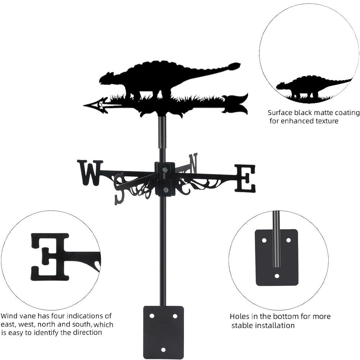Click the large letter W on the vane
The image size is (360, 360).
[x=90, y=172]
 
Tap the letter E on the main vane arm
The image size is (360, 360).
[x=245, y=178]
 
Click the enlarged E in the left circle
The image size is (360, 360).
[x=50, y=256]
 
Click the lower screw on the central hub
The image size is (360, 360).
[x=166, y=190]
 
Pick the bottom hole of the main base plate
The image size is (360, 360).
[x=163, y=350]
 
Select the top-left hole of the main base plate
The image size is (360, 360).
[x=152, y=316]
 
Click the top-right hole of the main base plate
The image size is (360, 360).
[x=175, y=316]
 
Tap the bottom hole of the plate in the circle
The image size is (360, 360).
[x=277, y=276]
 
